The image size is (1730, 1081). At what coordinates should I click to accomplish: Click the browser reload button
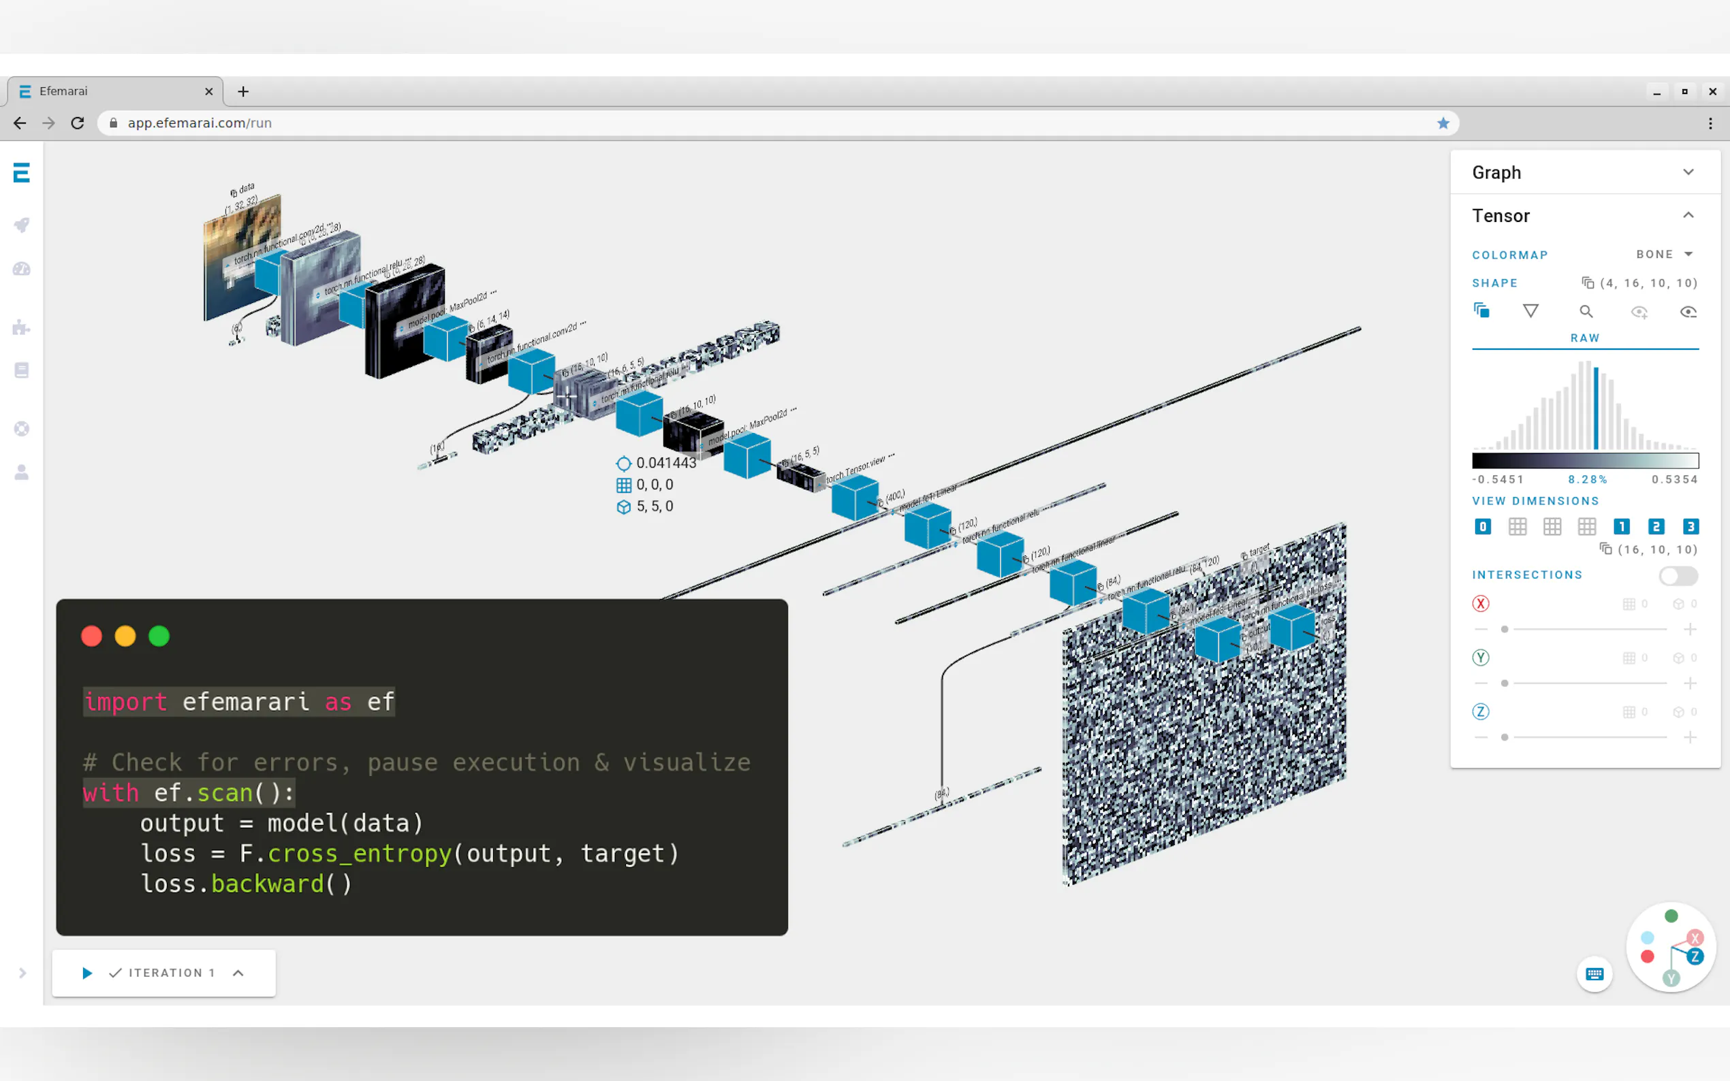78,123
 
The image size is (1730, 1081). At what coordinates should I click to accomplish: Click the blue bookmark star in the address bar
1443,123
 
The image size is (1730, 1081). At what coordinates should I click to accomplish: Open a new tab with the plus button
243,91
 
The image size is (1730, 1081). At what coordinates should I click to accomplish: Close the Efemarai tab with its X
209,91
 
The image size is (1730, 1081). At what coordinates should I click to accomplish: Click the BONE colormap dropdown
1664,255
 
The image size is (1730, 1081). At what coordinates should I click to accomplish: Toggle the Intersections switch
1677,575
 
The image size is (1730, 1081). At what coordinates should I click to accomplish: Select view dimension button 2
1655,527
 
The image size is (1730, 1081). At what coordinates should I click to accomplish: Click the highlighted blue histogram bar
1596,408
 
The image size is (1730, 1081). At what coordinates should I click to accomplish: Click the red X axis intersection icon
1481,604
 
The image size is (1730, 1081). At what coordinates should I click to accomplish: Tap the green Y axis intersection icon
1481,658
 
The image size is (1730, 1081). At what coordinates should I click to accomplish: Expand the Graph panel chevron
1688,172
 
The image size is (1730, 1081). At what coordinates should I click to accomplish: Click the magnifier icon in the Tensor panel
1586,312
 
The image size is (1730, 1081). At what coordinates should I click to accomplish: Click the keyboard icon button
1594,973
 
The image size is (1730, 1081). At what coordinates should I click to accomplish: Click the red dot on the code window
91,636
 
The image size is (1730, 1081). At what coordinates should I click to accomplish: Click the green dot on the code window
159,636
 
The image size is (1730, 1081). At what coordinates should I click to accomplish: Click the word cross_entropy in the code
359,854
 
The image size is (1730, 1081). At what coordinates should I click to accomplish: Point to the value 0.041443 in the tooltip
666,464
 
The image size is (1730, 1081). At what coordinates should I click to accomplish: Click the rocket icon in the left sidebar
22,225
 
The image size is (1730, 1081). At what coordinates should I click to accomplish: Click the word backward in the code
268,884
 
